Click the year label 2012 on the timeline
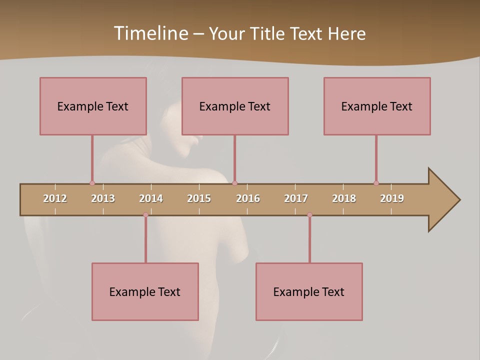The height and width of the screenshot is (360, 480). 55,198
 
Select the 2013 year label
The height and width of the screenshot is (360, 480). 103,198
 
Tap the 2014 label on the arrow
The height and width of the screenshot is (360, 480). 151,198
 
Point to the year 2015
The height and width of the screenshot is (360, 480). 199,198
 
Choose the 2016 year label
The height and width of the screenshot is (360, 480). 248,198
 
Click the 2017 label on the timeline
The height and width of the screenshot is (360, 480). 296,198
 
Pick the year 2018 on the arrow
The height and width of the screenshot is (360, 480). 344,198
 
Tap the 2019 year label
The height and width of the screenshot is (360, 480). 392,198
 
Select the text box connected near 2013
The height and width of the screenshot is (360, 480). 93,106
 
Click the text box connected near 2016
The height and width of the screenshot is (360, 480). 235,106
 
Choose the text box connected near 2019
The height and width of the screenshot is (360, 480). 377,106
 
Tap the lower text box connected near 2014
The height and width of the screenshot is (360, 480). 145,291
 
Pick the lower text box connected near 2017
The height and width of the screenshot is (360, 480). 309,291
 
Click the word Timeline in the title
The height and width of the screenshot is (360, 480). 150,33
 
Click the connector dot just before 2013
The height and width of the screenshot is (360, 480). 92,183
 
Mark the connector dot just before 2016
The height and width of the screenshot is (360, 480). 234,183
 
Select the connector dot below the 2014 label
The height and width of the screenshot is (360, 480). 145,215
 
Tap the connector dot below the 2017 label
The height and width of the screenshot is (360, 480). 309,215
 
